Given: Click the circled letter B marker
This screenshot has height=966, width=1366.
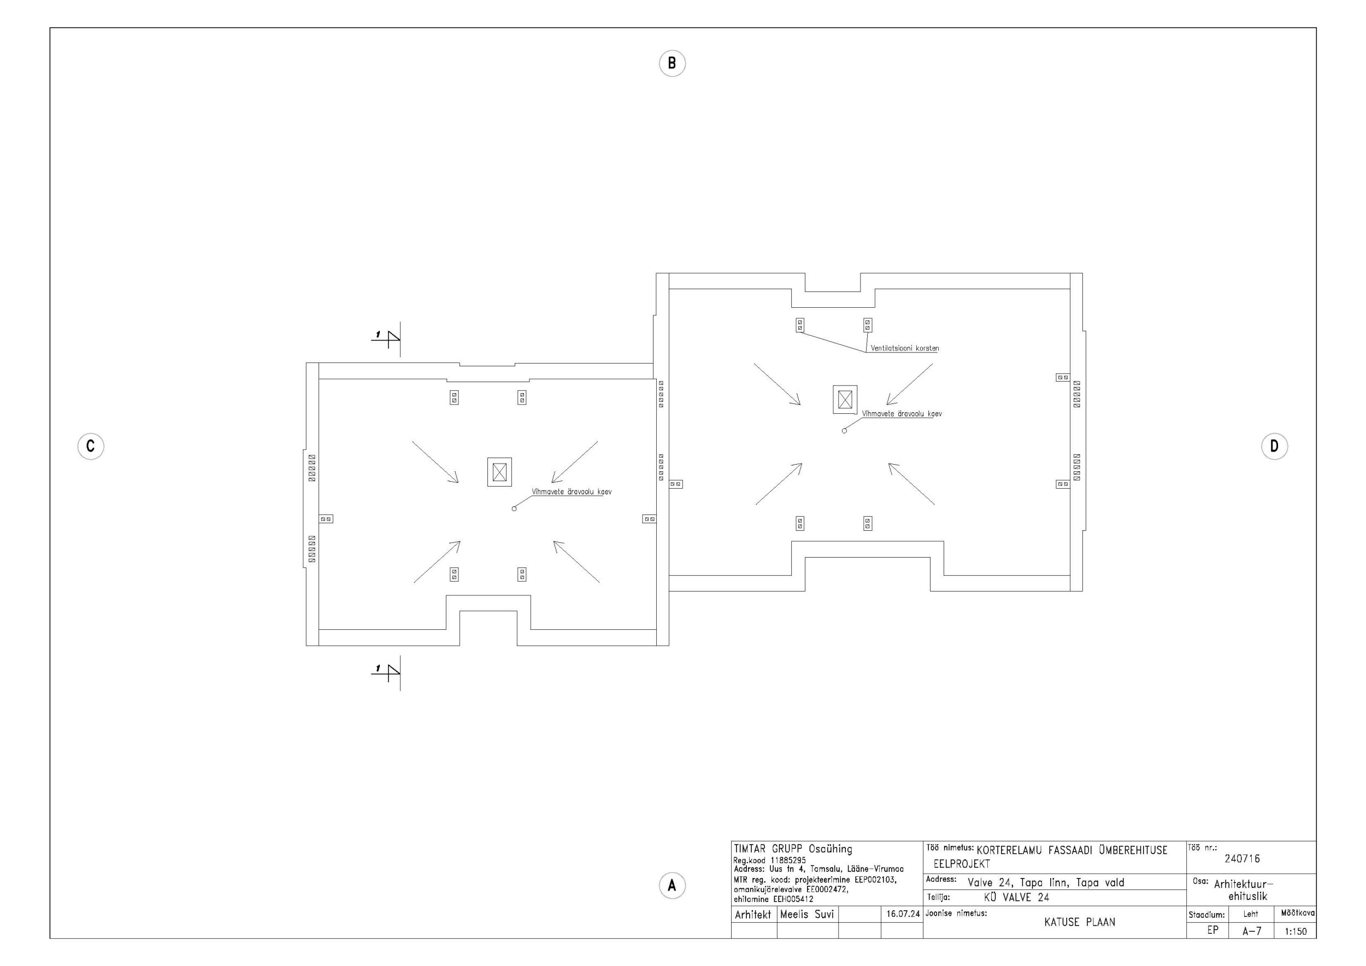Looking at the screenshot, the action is [672, 63].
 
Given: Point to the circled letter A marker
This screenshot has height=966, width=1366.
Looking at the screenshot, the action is [672, 886].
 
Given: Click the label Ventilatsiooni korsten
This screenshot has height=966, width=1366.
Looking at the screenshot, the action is [904, 348].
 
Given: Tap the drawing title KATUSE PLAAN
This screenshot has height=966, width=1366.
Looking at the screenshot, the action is [1080, 923].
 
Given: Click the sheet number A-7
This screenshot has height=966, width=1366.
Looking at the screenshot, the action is [1252, 932].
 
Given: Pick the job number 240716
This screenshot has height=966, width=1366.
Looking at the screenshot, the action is [1243, 859].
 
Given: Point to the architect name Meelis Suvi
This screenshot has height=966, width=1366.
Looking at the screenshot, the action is [806, 914].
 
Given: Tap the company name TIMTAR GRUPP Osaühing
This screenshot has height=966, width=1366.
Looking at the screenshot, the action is [793, 850].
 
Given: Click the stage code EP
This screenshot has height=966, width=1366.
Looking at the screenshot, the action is [1212, 930].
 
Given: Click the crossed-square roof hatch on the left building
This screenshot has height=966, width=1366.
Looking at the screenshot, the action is [499, 472].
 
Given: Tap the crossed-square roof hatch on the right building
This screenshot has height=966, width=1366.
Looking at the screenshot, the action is [845, 400].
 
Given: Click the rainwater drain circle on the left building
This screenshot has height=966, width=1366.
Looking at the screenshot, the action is [514, 509].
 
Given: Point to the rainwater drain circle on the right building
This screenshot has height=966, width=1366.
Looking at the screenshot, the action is [844, 431].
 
